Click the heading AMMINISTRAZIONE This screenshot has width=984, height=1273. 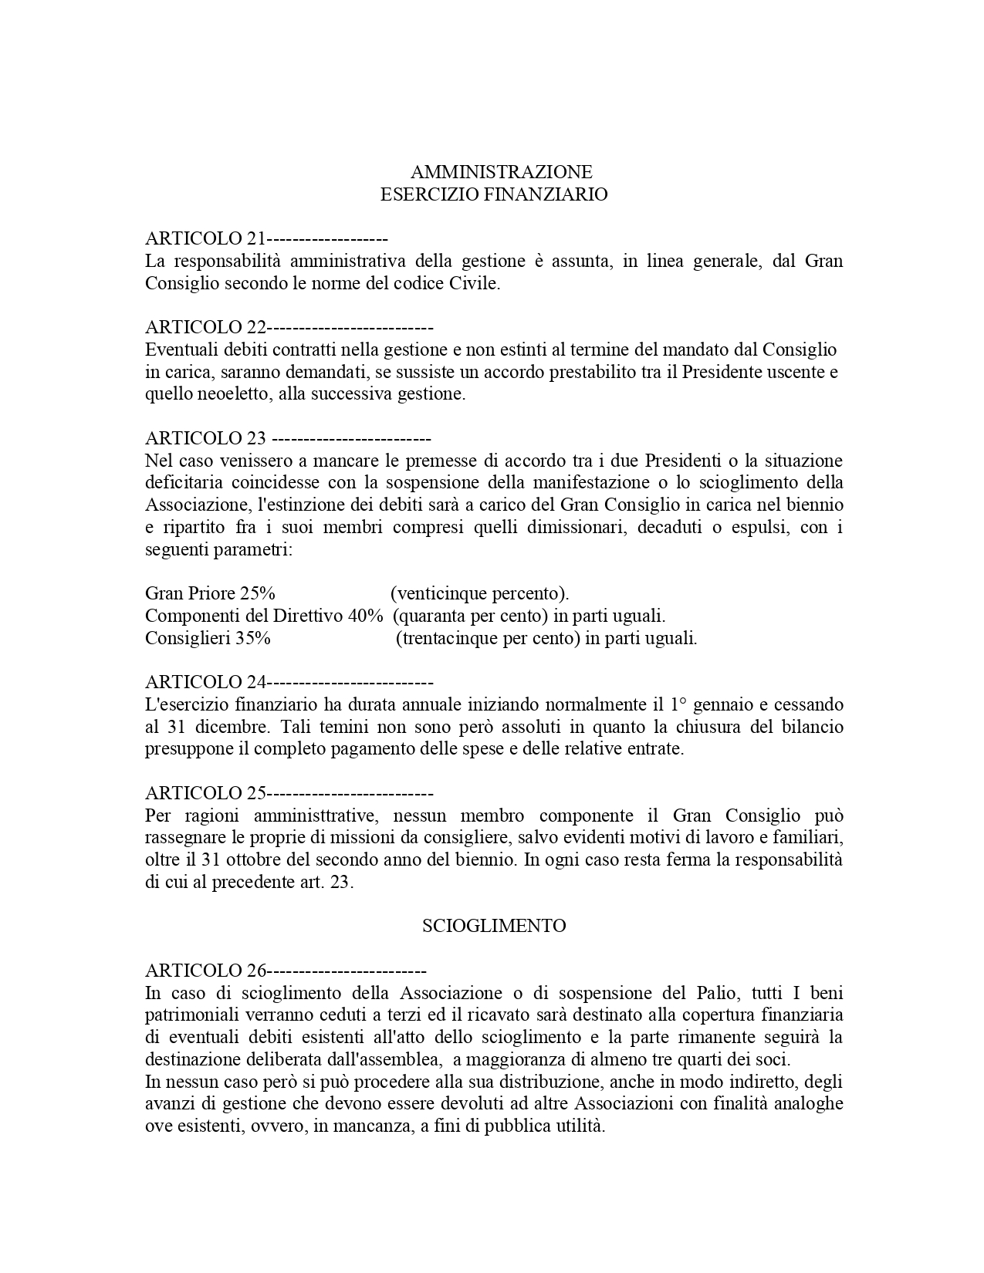tap(501, 171)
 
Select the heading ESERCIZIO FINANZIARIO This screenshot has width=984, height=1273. tap(494, 194)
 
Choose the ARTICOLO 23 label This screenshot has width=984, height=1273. tap(205, 438)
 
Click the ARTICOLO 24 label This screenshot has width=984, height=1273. tap(205, 682)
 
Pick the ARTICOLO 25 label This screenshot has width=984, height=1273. tap(205, 793)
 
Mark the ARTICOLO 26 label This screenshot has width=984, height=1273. tap(205, 971)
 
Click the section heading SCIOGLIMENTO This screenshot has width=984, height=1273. tap(494, 926)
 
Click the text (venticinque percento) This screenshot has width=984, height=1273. tap(479, 594)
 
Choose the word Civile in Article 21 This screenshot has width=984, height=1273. tap(475, 283)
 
